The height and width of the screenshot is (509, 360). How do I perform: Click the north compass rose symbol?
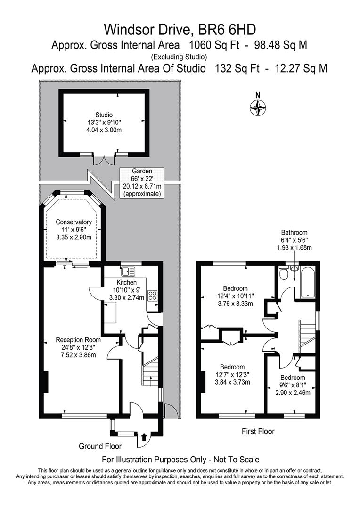(x=258, y=108)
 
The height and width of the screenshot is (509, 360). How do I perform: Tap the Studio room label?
(x=104, y=115)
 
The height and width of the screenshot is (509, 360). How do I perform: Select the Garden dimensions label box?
(x=142, y=182)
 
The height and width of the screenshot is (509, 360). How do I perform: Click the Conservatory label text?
(x=74, y=222)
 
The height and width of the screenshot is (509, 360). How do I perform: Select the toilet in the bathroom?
(x=284, y=272)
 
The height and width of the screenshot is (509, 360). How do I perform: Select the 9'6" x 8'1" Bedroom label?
(x=293, y=378)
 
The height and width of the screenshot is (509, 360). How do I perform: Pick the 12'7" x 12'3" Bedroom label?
(x=232, y=367)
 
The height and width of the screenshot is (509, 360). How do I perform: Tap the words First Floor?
(x=258, y=431)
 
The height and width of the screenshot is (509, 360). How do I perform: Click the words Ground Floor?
(x=100, y=446)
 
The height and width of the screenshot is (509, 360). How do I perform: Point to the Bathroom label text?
(x=294, y=232)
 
